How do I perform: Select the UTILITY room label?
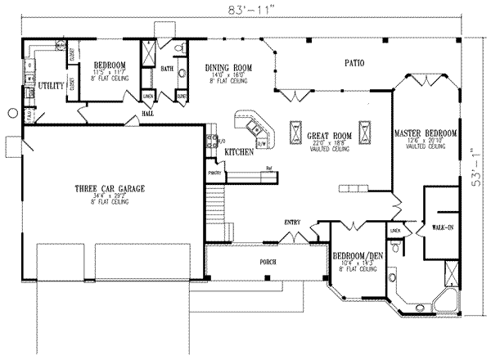pyautogui.click(x=49, y=84)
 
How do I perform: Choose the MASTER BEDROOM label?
pyautogui.click(x=425, y=133)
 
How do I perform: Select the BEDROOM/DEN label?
pyautogui.click(x=360, y=256)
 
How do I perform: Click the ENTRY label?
pyautogui.click(x=292, y=222)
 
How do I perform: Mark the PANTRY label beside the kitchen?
pyautogui.click(x=216, y=173)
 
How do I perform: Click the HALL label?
pyautogui.click(x=148, y=114)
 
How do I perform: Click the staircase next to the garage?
pyautogui.click(x=215, y=199)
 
